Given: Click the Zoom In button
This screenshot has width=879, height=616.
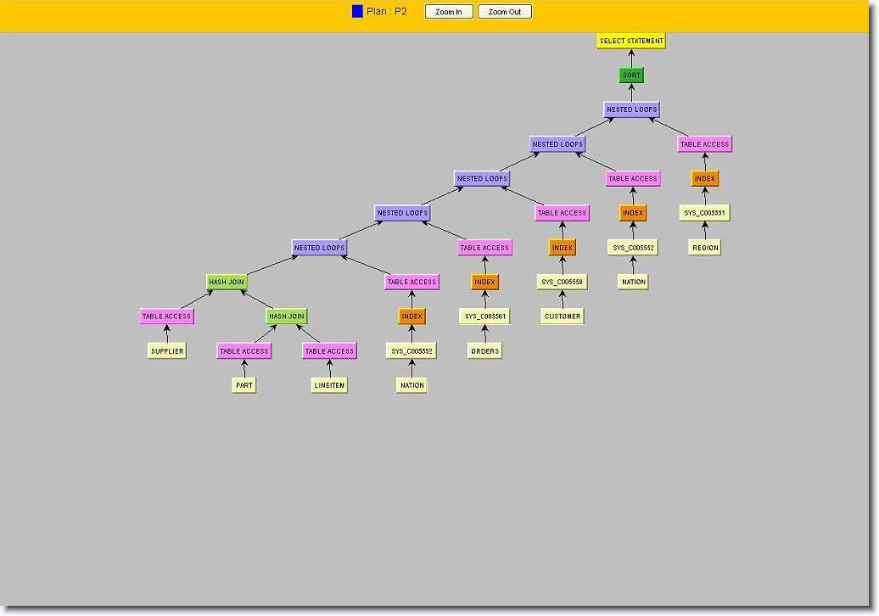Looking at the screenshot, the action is (x=449, y=12).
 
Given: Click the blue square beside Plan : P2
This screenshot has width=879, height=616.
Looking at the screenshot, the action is (x=357, y=11).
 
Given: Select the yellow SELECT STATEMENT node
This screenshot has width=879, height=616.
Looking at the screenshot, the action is (x=631, y=41).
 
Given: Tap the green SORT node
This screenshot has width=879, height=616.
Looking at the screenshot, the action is (x=631, y=76).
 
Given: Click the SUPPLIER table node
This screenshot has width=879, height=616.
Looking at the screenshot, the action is (x=167, y=351).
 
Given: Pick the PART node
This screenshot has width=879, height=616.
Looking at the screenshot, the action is (x=244, y=385).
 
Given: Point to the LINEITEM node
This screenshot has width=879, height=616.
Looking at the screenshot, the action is (x=329, y=385).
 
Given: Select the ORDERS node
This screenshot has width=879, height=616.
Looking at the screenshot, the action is (x=485, y=351).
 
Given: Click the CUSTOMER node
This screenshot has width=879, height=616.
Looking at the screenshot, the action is (x=563, y=316).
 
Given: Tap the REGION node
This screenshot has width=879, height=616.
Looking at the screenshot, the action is (x=705, y=247).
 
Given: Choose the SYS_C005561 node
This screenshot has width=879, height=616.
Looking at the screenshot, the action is (x=485, y=316).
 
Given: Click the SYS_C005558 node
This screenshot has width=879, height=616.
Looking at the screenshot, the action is (x=562, y=282).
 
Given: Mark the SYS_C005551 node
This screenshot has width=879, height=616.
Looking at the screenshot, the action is (x=705, y=213).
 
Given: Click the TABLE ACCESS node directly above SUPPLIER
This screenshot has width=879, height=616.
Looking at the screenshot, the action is (x=166, y=316).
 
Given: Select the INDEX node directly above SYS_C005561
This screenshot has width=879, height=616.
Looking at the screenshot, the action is (x=484, y=282).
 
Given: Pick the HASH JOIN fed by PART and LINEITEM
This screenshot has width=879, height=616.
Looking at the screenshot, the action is (x=287, y=316).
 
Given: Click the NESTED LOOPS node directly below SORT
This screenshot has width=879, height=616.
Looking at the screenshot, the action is (x=631, y=109).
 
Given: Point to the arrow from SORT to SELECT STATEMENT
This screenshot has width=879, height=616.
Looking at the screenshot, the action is (x=631, y=59).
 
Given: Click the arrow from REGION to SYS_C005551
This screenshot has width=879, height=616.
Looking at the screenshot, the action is (x=705, y=231).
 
